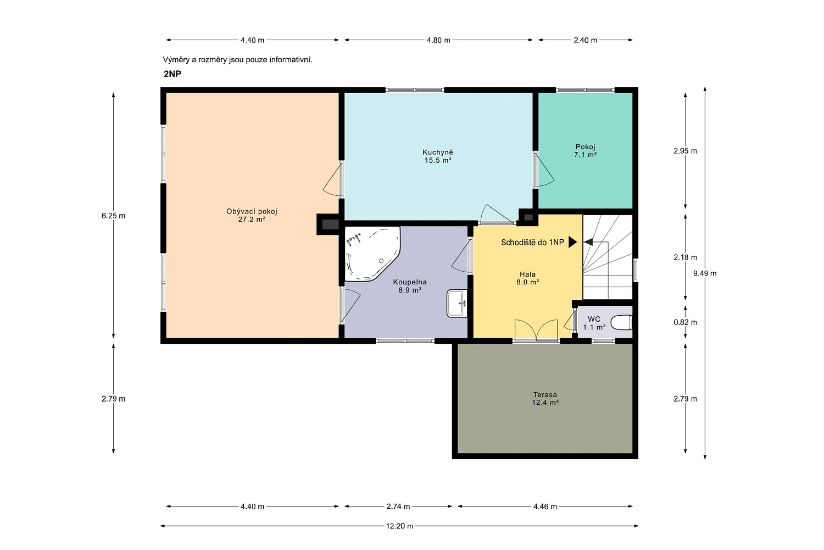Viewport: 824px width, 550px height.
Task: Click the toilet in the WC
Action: coord(622,323)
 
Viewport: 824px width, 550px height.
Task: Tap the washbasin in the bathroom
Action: coord(457,304)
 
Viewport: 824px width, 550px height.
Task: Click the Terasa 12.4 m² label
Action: coord(545,399)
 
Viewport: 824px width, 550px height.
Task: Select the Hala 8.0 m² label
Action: coord(527,278)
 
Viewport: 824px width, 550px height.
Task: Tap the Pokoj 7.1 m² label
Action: coord(585,151)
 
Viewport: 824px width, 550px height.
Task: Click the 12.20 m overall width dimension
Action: coord(399,526)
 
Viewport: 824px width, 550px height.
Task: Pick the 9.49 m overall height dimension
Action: coord(705,273)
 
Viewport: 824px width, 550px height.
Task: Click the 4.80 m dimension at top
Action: coord(438,40)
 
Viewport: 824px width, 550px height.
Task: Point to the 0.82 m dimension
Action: coord(685,322)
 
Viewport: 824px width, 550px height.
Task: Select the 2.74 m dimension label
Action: coord(398,507)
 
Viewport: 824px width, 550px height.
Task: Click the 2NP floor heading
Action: coord(172,74)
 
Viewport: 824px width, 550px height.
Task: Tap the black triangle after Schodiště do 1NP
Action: coord(573,242)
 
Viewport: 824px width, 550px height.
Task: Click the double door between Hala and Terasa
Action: coord(536,329)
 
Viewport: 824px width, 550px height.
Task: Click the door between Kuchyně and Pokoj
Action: coord(544,169)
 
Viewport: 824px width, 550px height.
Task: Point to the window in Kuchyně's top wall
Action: coord(415,90)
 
